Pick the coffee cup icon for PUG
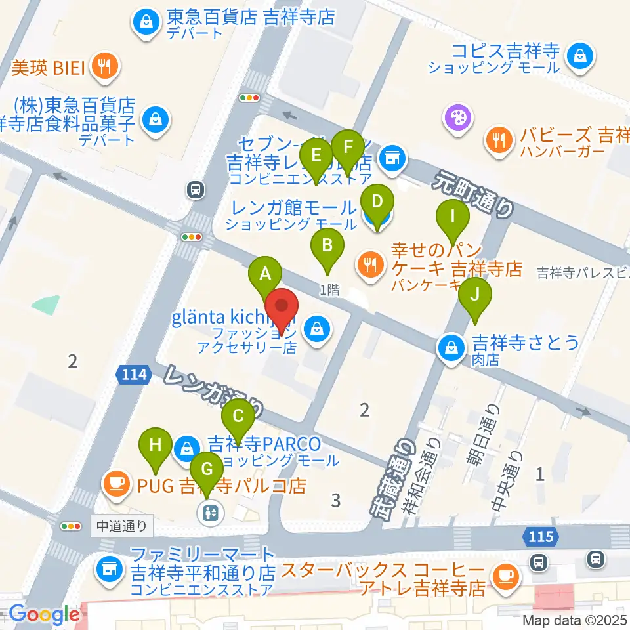[116, 484]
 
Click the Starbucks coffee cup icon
[505, 576]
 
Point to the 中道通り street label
[123, 526]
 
